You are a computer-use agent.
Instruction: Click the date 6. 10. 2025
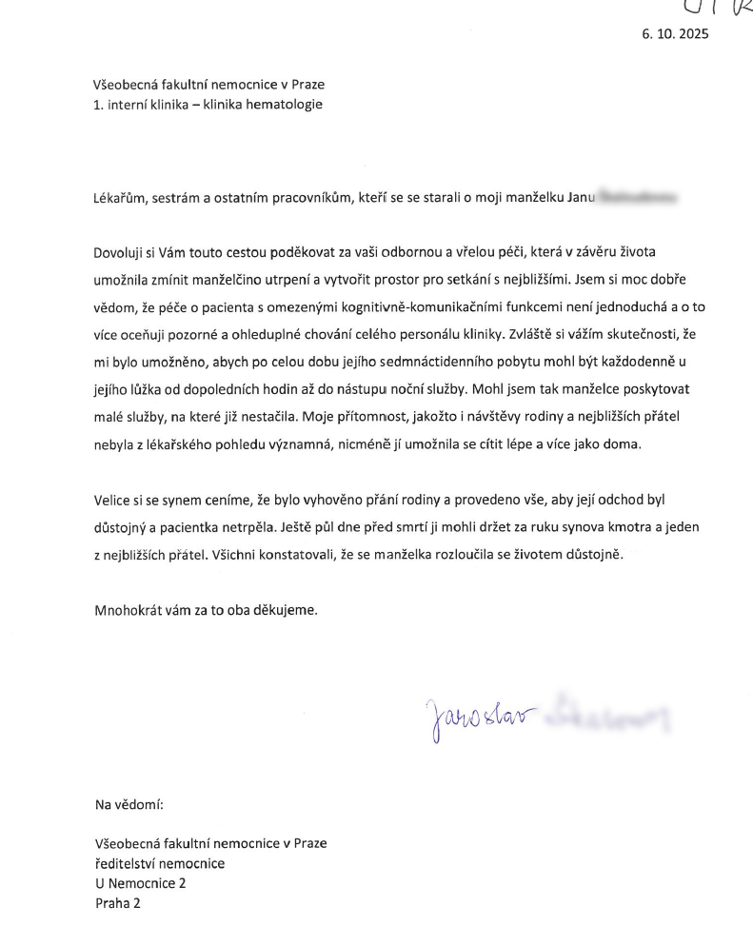(676, 35)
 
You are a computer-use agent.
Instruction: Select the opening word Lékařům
(121, 198)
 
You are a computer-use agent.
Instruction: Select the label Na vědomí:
(129, 804)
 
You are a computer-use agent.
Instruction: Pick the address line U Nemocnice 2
(141, 883)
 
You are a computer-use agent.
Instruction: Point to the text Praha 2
(118, 903)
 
